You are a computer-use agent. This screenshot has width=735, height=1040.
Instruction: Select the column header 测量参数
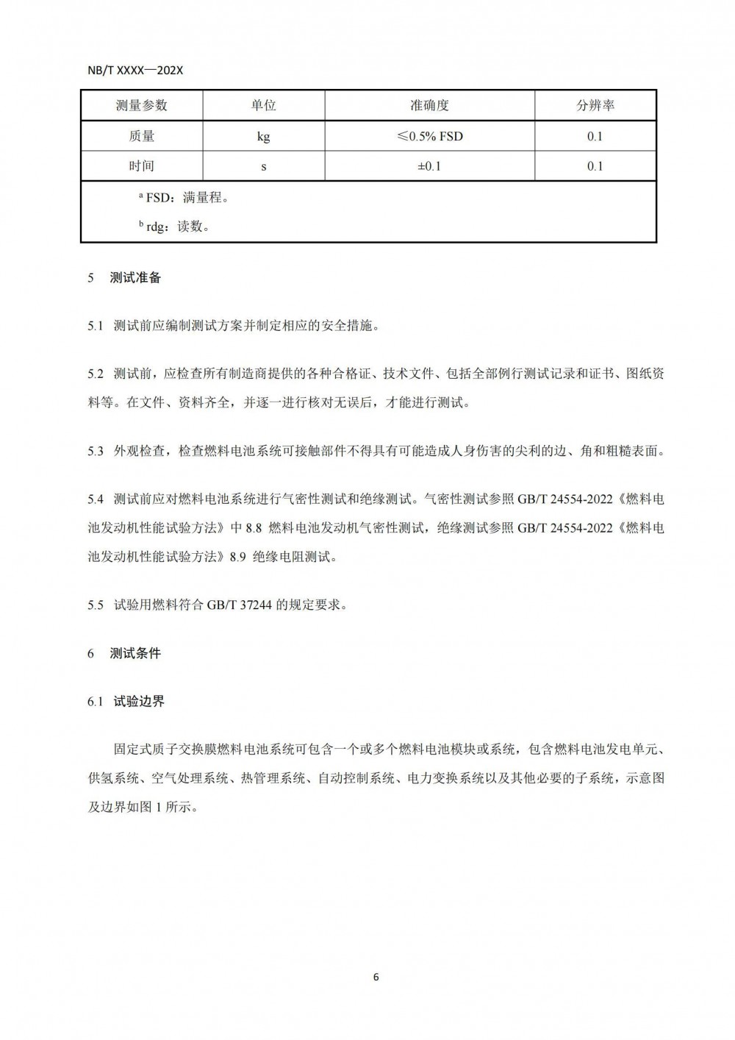click(141, 105)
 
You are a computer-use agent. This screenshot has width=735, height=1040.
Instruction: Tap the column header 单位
click(263, 105)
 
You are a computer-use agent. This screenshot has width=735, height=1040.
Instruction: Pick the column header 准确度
click(429, 105)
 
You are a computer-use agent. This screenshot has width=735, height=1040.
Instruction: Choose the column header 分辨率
click(595, 105)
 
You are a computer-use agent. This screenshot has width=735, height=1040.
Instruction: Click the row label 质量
click(141, 136)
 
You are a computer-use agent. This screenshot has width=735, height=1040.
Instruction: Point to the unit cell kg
click(263, 137)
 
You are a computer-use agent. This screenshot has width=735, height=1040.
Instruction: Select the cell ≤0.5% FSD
click(429, 136)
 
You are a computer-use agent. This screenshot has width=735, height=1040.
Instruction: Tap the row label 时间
click(141, 166)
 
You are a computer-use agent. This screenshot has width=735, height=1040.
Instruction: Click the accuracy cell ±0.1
click(429, 166)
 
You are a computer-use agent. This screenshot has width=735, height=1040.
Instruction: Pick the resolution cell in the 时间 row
click(595, 166)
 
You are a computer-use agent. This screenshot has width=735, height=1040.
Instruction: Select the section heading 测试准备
click(135, 278)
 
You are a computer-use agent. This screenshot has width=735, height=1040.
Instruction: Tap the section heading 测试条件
click(135, 653)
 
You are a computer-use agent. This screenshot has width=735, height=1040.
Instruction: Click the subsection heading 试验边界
click(139, 702)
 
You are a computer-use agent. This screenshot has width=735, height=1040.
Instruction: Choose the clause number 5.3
click(96, 452)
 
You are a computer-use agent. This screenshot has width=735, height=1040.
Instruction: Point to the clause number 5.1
click(96, 326)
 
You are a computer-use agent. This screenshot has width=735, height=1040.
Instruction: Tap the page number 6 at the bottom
click(376, 977)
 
